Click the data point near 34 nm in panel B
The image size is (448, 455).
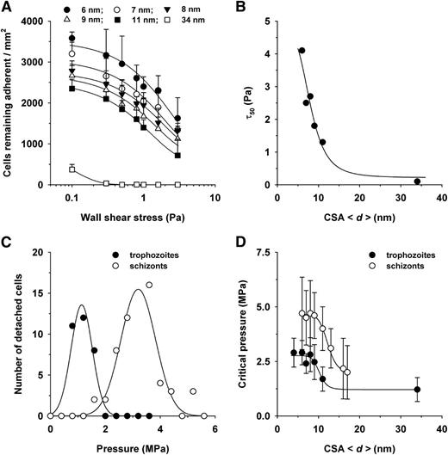[417, 181]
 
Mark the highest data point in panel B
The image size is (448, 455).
[302, 51]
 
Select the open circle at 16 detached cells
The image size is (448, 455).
[149, 285]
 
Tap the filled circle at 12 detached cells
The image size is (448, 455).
[84, 317]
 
